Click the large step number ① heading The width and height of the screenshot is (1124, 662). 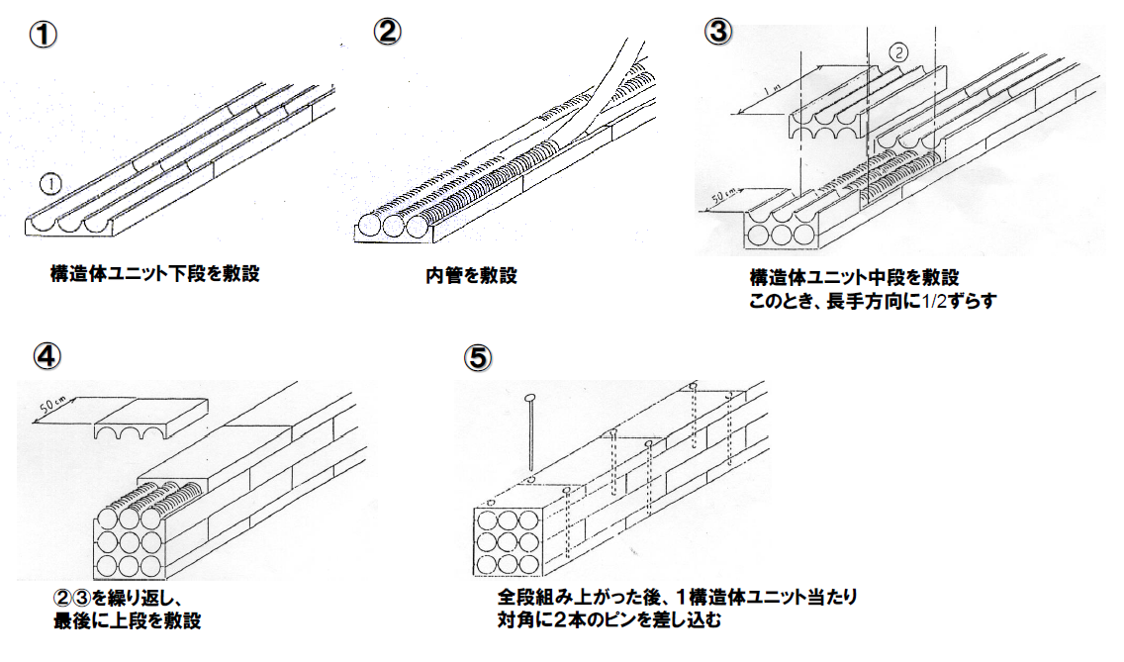point(43,34)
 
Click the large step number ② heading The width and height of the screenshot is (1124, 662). point(387,31)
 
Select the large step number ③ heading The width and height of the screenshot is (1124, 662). point(717,31)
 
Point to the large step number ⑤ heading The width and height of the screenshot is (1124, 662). point(478,356)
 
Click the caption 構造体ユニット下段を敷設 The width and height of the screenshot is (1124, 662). point(154,273)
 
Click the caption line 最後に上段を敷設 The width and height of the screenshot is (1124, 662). point(128,621)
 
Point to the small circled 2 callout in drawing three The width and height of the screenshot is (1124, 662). point(897,52)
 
